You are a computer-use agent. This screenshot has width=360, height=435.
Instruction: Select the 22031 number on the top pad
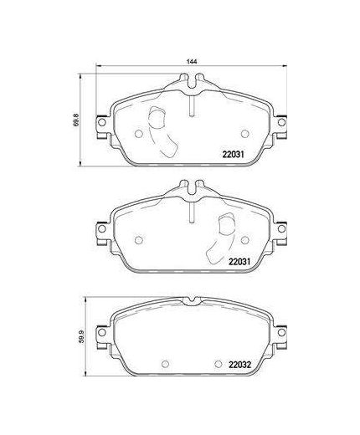(x=234, y=152)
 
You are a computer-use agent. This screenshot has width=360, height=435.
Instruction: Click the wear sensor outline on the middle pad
(x=224, y=239)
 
